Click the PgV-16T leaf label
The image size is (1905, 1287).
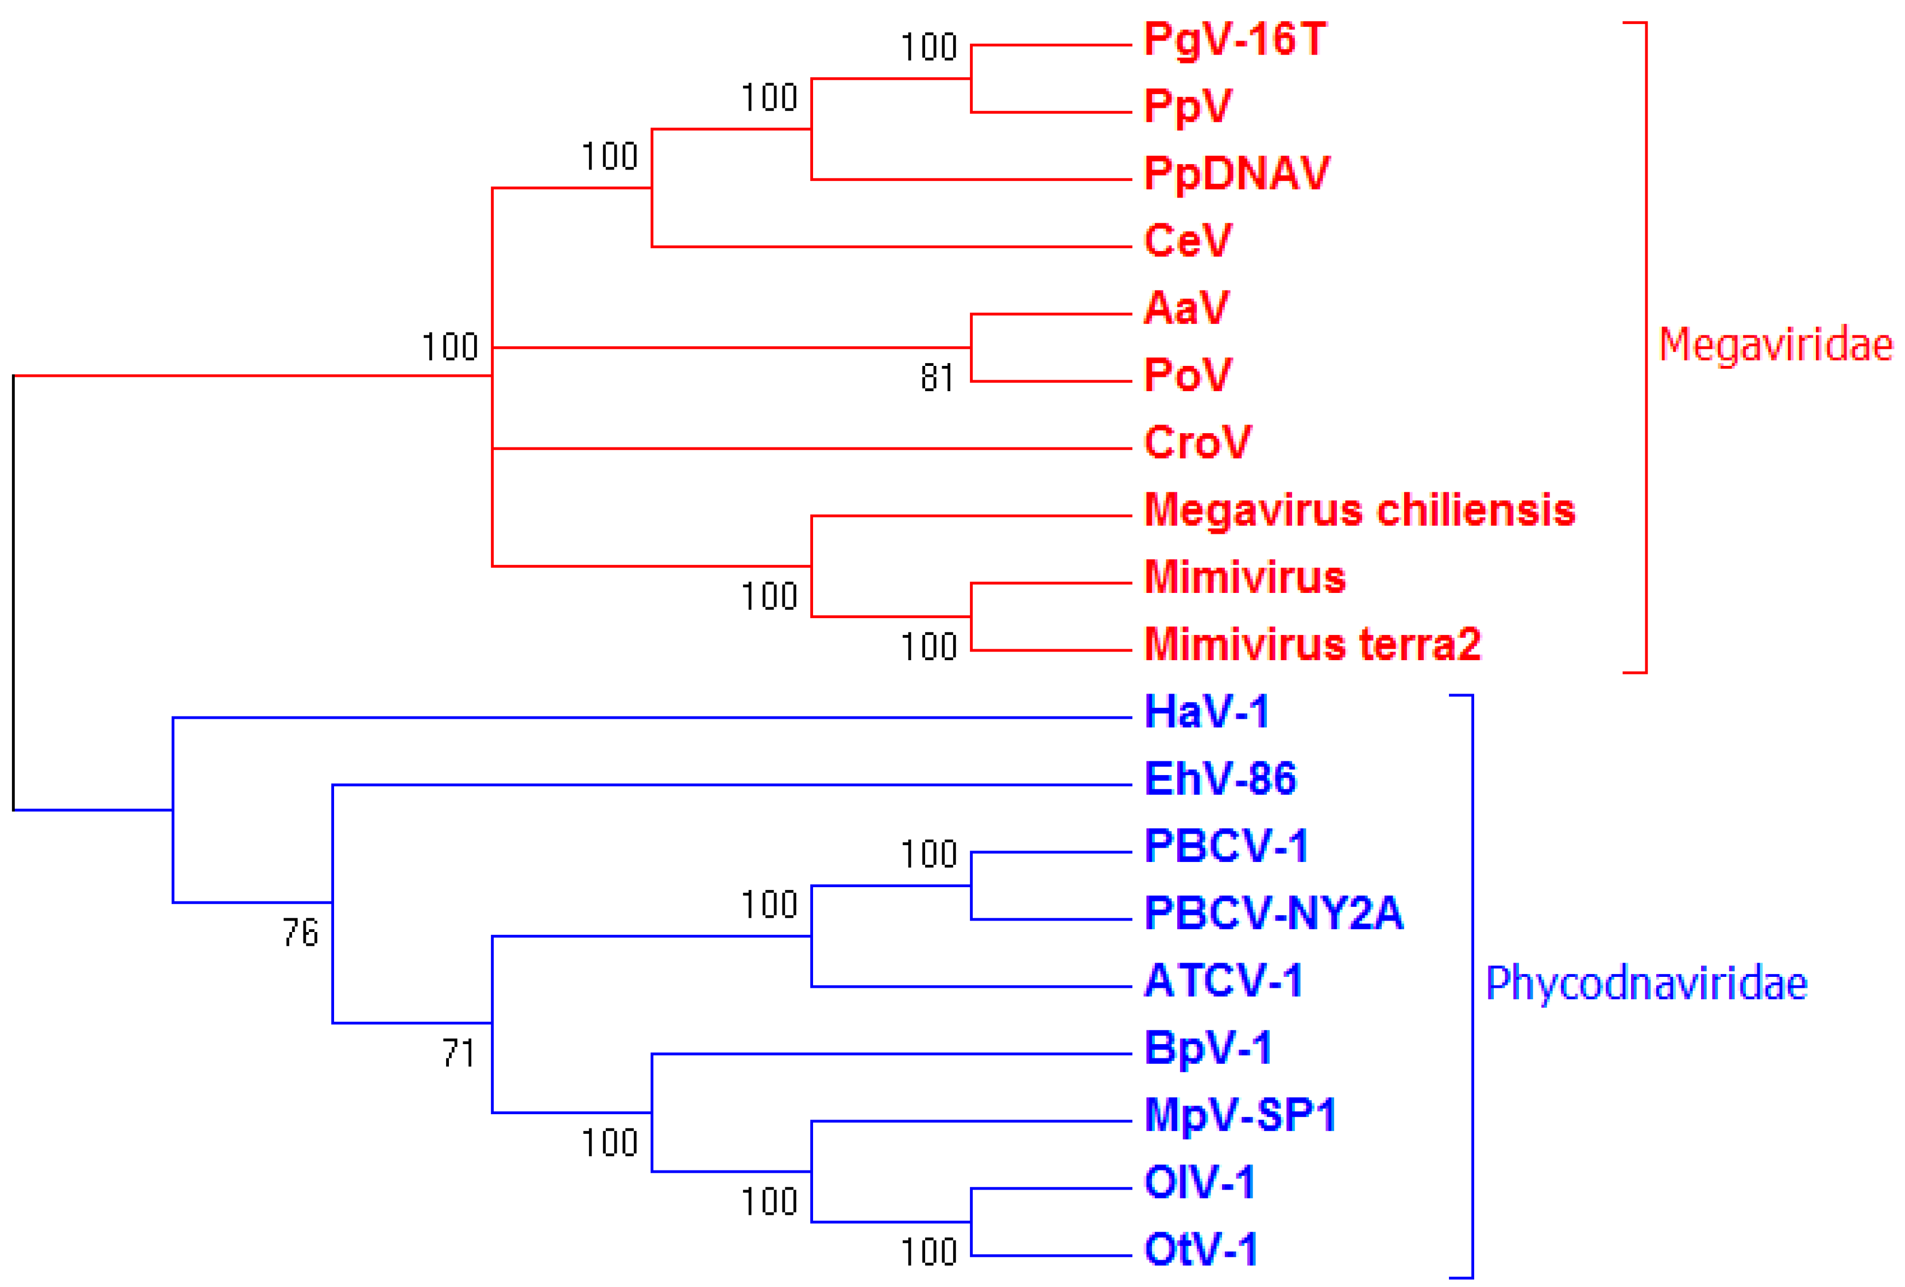(1235, 39)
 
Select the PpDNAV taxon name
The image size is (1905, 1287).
(1236, 174)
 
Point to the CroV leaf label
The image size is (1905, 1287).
(1197, 442)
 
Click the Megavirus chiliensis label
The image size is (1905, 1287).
(1359, 510)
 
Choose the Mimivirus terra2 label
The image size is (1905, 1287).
(1312, 644)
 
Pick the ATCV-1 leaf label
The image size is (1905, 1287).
(1223, 980)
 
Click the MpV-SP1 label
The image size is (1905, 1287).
(1240, 1115)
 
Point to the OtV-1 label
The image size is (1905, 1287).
(1201, 1249)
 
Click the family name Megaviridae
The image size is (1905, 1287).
(1775, 344)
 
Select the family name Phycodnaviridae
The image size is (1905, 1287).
(1646, 983)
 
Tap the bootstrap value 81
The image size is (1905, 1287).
(937, 378)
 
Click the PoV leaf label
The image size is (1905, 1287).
(1188, 375)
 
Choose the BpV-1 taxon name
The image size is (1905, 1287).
(1207, 1047)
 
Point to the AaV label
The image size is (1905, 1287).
(1186, 308)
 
